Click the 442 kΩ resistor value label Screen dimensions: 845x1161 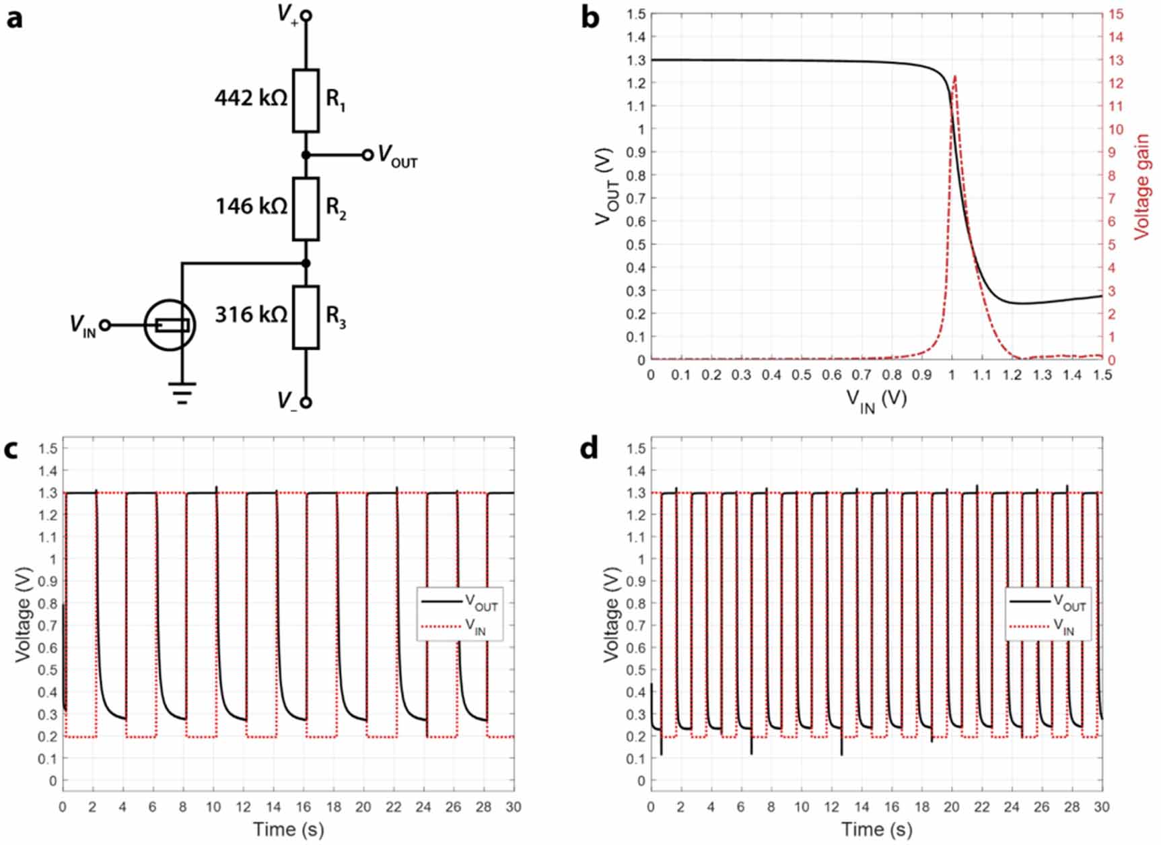(250, 98)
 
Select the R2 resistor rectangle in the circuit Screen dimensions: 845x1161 (306, 209)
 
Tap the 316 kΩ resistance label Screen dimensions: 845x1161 (250, 314)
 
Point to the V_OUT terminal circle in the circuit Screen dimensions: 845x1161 (367, 155)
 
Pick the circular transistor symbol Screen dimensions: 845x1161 (170, 325)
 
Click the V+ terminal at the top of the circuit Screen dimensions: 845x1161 (306, 15)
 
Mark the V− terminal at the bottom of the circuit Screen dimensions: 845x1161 (306, 403)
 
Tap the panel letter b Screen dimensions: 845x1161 (590, 18)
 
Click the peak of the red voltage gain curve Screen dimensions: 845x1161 (955, 76)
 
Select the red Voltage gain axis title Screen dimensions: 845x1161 (1141, 187)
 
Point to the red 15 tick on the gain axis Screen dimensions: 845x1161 (1116, 14)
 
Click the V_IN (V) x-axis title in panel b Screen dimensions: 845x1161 (876, 401)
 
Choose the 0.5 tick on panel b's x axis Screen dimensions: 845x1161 (801, 375)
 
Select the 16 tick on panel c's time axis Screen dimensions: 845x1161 (304, 807)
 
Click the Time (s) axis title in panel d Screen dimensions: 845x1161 (876, 830)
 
